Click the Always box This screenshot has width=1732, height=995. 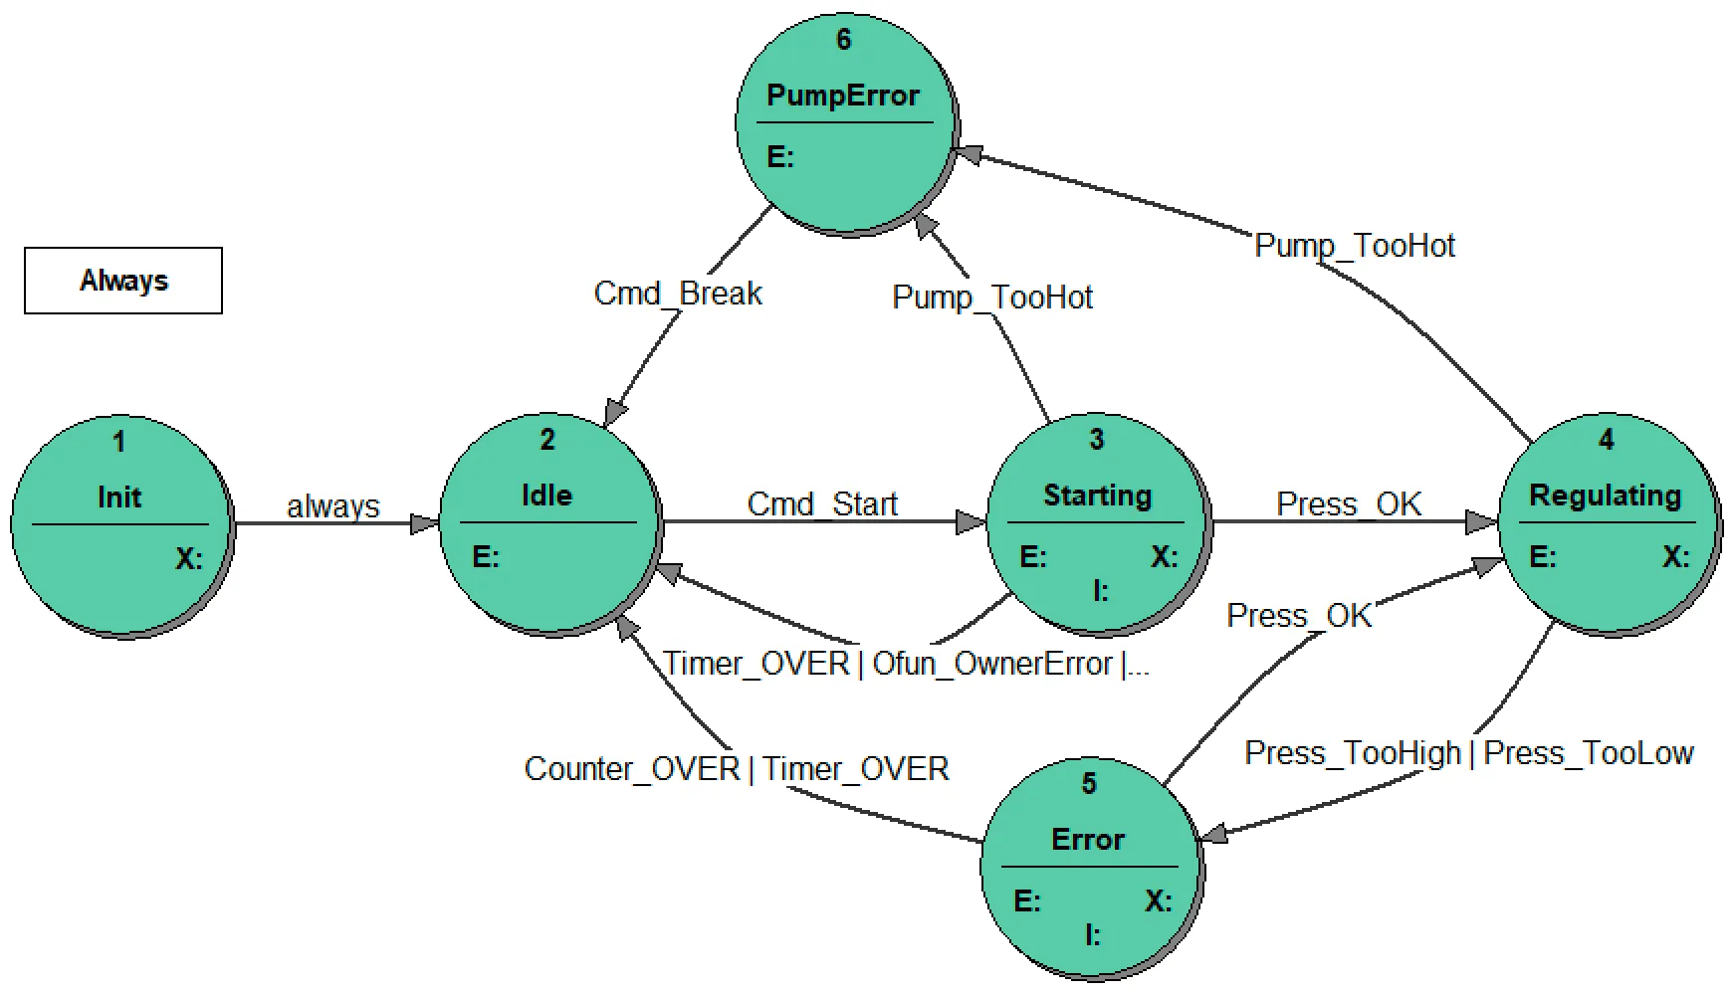(123, 281)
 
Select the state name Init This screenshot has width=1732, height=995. (119, 497)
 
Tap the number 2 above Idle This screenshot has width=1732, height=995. (547, 440)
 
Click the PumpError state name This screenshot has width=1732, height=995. (843, 96)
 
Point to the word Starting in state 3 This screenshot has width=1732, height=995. (1097, 496)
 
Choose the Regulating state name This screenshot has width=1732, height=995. (1605, 496)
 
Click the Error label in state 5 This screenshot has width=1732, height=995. (1088, 839)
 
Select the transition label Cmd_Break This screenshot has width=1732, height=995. (678, 294)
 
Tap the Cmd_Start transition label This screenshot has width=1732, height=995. (822, 504)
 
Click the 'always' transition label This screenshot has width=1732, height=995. (333, 506)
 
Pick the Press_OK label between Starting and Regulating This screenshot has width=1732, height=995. (1349, 504)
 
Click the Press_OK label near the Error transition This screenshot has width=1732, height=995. (1299, 616)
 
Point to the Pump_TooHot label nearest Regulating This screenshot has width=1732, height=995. (1355, 246)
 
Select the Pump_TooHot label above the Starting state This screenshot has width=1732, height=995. (992, 298)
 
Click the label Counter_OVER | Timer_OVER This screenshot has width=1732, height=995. (737, 769)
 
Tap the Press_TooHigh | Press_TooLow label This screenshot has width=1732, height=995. (1469, 753)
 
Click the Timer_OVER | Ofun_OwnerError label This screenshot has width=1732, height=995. (906, 664)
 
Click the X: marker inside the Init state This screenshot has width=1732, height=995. (189, 558)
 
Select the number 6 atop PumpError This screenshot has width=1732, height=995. (844, 40)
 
